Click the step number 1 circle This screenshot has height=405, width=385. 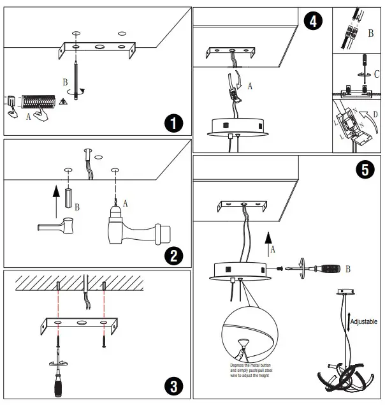(172, 122)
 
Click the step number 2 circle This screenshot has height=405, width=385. (173, 256)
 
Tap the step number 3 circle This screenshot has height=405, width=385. (173, 385)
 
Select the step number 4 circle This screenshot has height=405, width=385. (311, 21)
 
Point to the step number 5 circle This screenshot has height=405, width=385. (363, 170)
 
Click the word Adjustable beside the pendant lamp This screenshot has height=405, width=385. (364, 322)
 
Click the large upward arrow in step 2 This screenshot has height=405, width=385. (55, 193)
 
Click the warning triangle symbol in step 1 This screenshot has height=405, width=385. (63, 101)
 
